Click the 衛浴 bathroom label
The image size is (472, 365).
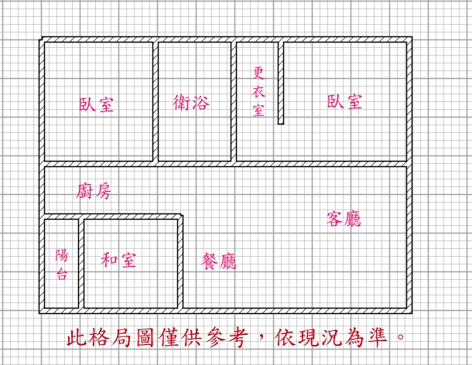click(191, 102)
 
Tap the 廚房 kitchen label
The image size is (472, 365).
click(94, 191)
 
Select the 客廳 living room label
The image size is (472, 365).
click(344, 218)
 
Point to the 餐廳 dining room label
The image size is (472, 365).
click(219, 261)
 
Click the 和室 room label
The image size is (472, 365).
click(118, 260)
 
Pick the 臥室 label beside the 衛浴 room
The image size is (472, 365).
click(96, 104)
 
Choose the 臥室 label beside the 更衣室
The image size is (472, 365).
click(344, 101)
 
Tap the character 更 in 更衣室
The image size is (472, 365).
click(258, 73)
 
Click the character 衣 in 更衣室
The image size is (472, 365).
click(258, 91)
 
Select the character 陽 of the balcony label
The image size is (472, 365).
click(62, 255)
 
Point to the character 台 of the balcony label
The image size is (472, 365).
click(62, 274)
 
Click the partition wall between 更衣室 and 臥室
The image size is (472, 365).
click(281, 81)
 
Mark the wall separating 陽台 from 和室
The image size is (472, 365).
click(81, 263)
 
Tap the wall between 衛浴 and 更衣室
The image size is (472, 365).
click(234, 102)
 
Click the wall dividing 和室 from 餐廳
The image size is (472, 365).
click(180, 262)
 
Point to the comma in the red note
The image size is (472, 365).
click(262, 335)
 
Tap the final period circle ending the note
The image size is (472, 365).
click(401, 336)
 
